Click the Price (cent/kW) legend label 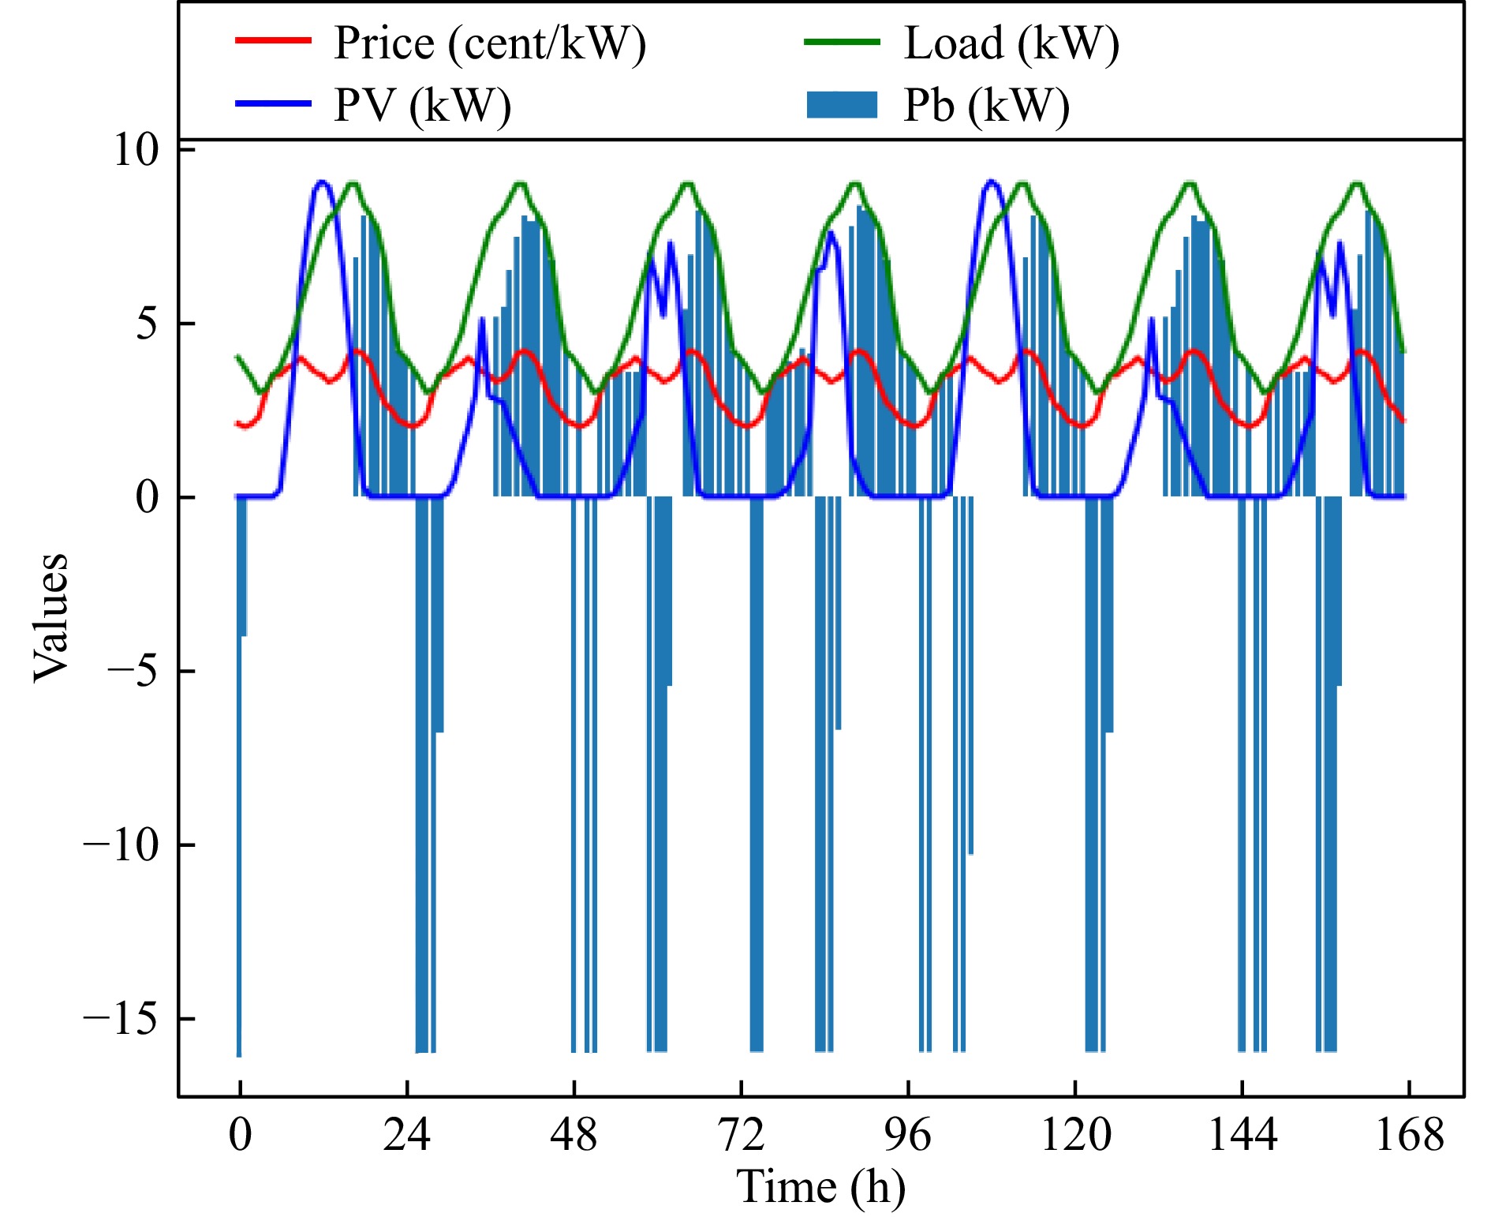tap(489, 43)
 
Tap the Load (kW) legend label tap(1011, 43)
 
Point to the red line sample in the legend tap(273, 40)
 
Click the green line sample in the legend tap(842, 42)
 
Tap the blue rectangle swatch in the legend tap(842, 105)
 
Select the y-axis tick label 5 tap(148, 324)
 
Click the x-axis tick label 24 tap(407, 1135)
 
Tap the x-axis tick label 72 tap(742, 1135)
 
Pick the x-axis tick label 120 tap(1075, 1135)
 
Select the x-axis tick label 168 tap(1409, 1135)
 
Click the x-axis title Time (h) tap(820, 1187)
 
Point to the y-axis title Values tap(50, 616)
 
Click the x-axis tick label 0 tap(240, 1135)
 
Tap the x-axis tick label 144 tap(1242, 1135)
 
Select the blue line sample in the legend tap(273, 103)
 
